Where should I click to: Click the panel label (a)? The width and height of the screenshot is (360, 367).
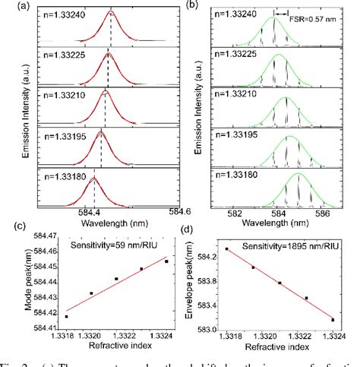click(8, 6)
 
